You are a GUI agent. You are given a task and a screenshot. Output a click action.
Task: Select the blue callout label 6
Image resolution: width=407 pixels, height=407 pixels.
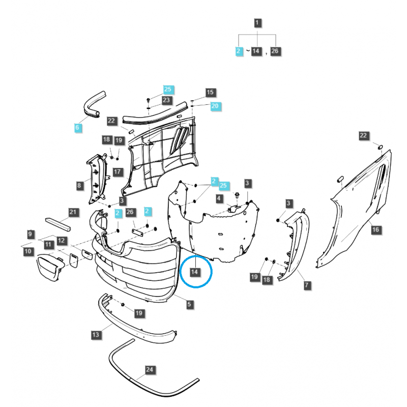pyautogui.click(x=77, y=128)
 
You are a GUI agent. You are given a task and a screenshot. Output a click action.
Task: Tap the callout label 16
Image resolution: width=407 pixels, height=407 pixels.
pyautogui.click(x=375, y=230)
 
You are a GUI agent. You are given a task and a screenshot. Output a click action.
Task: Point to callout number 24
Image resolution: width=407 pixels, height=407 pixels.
pyautogui.click(x=149, y=370)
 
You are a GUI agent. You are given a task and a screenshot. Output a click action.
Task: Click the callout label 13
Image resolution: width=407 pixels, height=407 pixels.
pyautogui.click(x=96, y=334)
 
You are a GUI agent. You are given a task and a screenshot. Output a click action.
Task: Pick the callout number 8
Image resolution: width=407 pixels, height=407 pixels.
pyautogui.click(x=79, y=186)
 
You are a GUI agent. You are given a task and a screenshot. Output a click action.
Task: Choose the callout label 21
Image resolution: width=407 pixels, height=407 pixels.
pyautogui.click(x=73, y=212)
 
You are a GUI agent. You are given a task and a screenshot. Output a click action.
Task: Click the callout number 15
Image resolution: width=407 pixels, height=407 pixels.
pyautogui.click(x=210, y=93)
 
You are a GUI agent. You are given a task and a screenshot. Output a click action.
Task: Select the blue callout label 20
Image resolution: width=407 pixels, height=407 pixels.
pyautogui.click(x=215, y=106)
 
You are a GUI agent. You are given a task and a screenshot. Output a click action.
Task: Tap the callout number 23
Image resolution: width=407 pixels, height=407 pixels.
pyautogui.click(x=166, y=100)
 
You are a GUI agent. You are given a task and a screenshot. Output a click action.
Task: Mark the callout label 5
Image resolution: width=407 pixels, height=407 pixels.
pyautogui.click(x=189, y=304)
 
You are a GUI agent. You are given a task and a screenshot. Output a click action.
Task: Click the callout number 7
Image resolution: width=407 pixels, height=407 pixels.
pyautogui.click(x=307, y=285)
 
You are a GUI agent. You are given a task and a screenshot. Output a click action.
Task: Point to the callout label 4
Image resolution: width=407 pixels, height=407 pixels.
pyautogui.click(x=219, y=198)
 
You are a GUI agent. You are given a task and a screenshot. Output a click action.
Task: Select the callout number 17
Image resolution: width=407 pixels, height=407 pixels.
pyautogui.click(x=117, y=171)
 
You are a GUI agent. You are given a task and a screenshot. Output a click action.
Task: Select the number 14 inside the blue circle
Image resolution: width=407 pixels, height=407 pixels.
pyautogui.click(x=195, y=272)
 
